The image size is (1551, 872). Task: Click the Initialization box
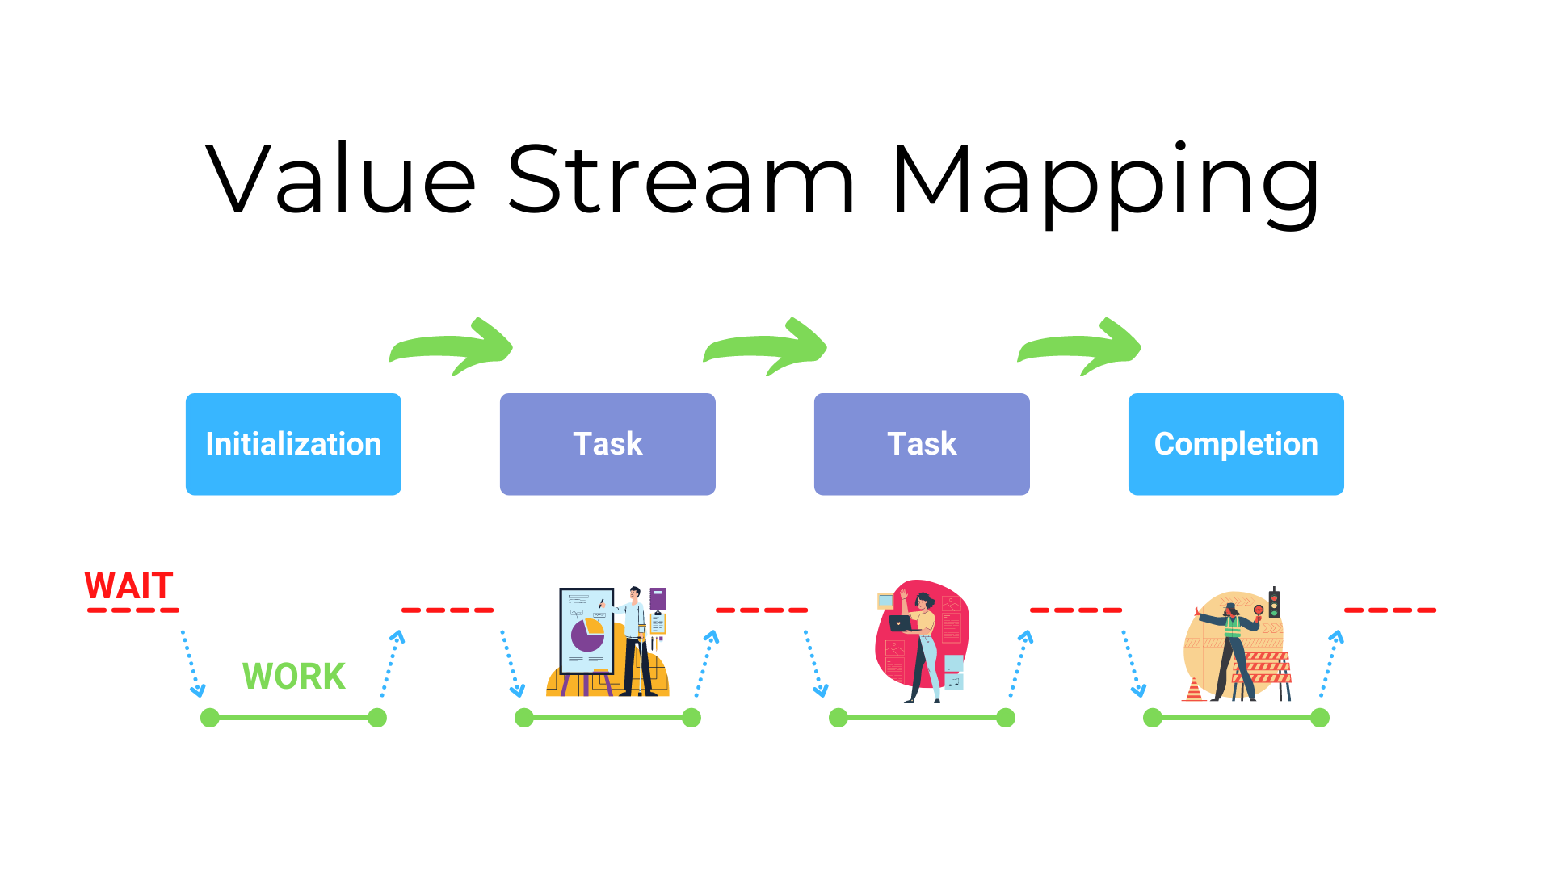[293, 444]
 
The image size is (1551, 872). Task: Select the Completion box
[1236, 444]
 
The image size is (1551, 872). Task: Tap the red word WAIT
[129, 585]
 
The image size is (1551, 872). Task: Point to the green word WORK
[294, 676]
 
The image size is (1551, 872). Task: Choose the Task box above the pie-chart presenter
[607, 444]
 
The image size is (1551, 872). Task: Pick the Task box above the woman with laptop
[922, 444]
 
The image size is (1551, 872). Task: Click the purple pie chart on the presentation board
[586, 635]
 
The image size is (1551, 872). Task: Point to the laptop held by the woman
[899, 623]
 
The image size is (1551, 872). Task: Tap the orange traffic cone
[1194, 691]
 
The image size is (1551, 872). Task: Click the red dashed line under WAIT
[133, 610]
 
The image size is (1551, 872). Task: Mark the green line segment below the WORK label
[294, 717]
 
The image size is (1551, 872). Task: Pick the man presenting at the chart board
[634, 638]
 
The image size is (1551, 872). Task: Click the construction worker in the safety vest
[1232, 646]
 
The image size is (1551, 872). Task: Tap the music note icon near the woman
[954, 681]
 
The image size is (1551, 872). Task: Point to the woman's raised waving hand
[904, 595]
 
